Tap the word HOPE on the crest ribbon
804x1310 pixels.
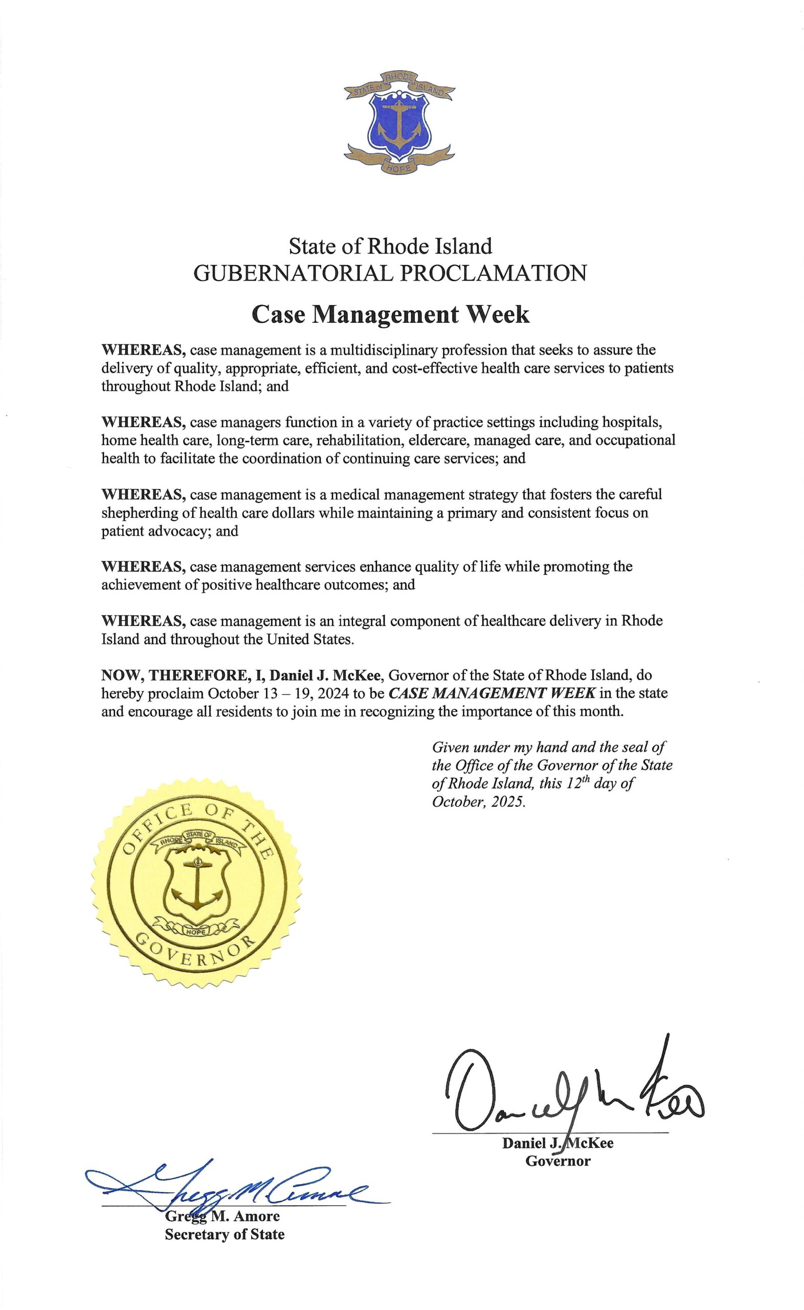(x=398, y=168)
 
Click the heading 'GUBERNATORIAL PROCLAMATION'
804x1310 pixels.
(x=390, y=273)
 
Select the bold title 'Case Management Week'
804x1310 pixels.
(x=390, y=314)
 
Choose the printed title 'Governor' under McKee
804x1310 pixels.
(x=557, y=1160)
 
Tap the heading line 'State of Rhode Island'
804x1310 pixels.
(x=390, y=246)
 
